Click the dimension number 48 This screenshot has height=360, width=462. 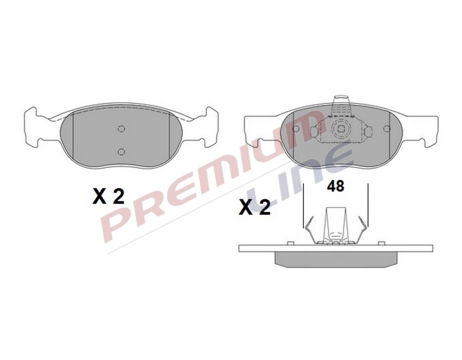[336, 186]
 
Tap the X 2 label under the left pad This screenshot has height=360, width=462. [108, 196]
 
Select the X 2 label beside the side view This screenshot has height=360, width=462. [255, 207]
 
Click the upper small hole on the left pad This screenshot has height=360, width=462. [121, 129]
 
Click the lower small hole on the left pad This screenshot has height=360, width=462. [121, 151]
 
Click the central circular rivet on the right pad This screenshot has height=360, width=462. [339, 130]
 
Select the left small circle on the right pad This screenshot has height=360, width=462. [296, 129]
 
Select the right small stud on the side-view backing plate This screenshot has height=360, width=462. [382, 242]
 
